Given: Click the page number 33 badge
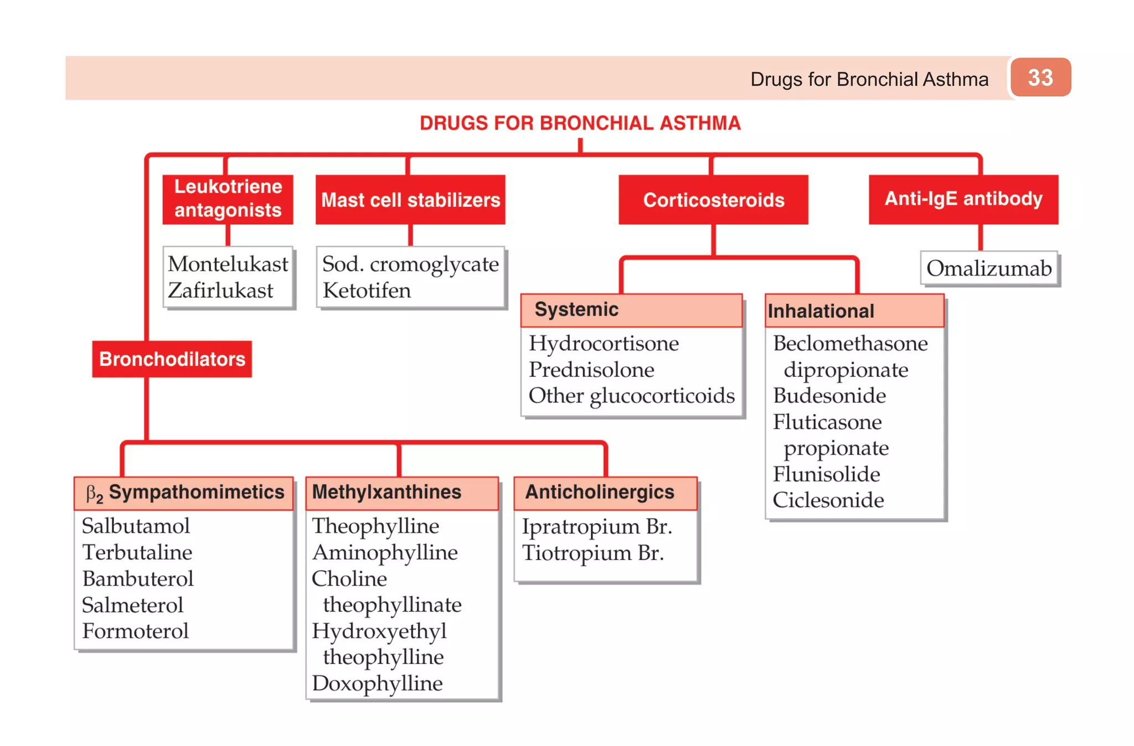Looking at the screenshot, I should tap(1040, 77).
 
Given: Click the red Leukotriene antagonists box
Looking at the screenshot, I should tap(228, 199).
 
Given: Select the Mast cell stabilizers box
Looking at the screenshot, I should tap(410, 200).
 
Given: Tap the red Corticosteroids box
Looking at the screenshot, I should tap(713, 200).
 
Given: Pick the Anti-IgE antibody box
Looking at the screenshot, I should tap(963, 199).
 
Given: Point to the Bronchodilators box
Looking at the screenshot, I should tap(172, 359).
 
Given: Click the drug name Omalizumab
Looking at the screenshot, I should tap(989, 268).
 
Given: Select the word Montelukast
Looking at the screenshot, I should tap(228, 264).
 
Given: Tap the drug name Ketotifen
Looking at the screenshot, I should tap(367, 291).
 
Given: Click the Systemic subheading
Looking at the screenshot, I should tap(576, 309).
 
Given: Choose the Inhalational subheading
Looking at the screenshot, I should tap(821, 311).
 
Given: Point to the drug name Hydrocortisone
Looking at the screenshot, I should tap(604, 344).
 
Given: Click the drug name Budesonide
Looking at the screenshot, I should tap(829, 396).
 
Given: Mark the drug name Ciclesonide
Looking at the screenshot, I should tap(828, 500).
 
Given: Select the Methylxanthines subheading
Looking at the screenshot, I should tap(386, 492).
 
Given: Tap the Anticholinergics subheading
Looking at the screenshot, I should tap(600, 492).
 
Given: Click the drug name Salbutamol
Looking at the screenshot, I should tap(136, 526).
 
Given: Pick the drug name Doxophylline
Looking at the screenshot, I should tap(377, 683).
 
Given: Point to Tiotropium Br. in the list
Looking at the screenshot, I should tap(592, 553).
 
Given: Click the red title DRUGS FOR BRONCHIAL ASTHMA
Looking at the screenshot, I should tap(580, 123).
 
